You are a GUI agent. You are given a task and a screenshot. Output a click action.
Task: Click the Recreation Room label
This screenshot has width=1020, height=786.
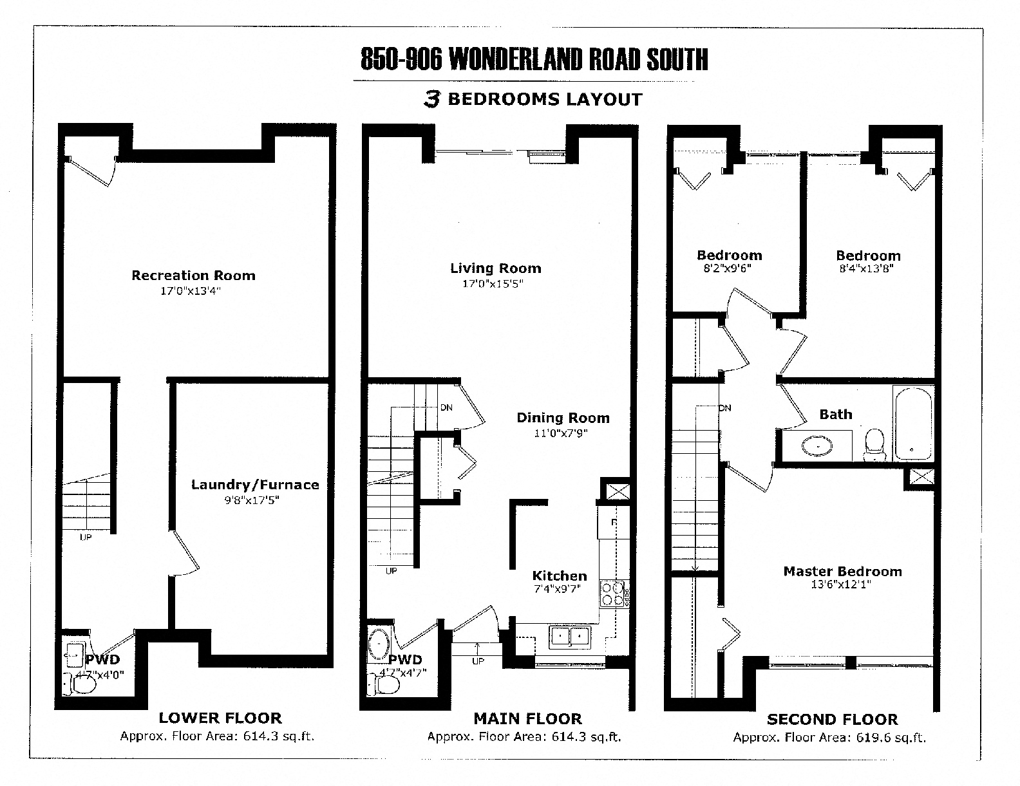pyautogui.click(x=193, y=276)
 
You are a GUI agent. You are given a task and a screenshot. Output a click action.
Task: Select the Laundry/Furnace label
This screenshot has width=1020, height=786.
pyautogui.click(x=255, y=485)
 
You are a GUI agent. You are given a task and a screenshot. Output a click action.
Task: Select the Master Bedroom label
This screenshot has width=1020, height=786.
pyautogui.click(x=842, y=571)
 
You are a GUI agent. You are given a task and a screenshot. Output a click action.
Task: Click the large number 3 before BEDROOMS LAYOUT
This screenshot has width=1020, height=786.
pyautogui.click(x=432, y=99)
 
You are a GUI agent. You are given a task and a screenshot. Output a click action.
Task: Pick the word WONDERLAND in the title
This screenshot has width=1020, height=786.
pyautogui.click(x=509, y=60)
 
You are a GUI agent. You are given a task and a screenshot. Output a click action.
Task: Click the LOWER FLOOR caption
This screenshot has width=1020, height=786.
pyautogui.click(x=220, y=718)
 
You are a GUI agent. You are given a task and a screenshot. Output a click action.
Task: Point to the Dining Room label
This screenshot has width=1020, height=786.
pyautogui.click(x=563, y=418)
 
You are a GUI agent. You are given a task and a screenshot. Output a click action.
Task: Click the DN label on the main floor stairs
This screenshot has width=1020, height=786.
pyautogui.click(x=446, y=407)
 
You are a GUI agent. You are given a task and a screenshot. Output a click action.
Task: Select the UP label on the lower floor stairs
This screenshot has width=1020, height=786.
pyautogui.click(x=86, y=537)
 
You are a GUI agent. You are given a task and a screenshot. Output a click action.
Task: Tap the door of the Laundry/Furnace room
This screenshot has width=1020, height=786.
pyautogui.click(x=186, y=554)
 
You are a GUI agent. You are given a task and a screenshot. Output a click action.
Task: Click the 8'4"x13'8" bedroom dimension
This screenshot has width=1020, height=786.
pyautogui.click(x=866, y=269)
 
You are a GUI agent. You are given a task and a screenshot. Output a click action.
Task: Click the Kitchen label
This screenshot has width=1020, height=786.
pyautogui.click(x=559, y=575)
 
